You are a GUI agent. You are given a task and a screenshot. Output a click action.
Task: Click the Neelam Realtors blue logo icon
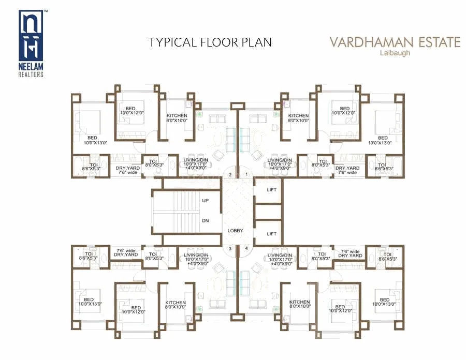(31, 37)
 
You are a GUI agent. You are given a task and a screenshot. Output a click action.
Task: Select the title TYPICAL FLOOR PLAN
(210, 42)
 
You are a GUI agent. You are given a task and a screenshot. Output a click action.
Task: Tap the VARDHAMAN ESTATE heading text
(395, 42)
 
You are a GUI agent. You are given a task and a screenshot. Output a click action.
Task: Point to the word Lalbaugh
(395, 53)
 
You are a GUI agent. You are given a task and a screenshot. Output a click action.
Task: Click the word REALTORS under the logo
(31, 75)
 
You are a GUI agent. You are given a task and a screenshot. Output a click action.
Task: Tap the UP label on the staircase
(205, 200)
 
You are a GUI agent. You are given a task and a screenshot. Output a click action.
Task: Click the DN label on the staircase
(205, 220)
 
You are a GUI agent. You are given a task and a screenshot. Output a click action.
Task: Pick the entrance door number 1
(247, 175)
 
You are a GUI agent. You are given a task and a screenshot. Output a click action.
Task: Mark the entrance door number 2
(229, 175)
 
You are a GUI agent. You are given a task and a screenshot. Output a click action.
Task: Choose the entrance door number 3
(229, 249)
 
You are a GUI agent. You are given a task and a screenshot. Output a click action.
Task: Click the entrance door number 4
(247, 249)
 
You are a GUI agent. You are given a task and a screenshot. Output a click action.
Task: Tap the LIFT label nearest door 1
(272, 190)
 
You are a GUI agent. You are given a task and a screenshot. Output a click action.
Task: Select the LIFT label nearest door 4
(272, 234)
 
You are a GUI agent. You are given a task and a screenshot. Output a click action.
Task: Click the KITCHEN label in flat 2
(177, 116)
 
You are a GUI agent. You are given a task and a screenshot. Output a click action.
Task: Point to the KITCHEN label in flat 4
(299, 302)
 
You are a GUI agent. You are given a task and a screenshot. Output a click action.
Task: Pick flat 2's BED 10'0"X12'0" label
(132, 110)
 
